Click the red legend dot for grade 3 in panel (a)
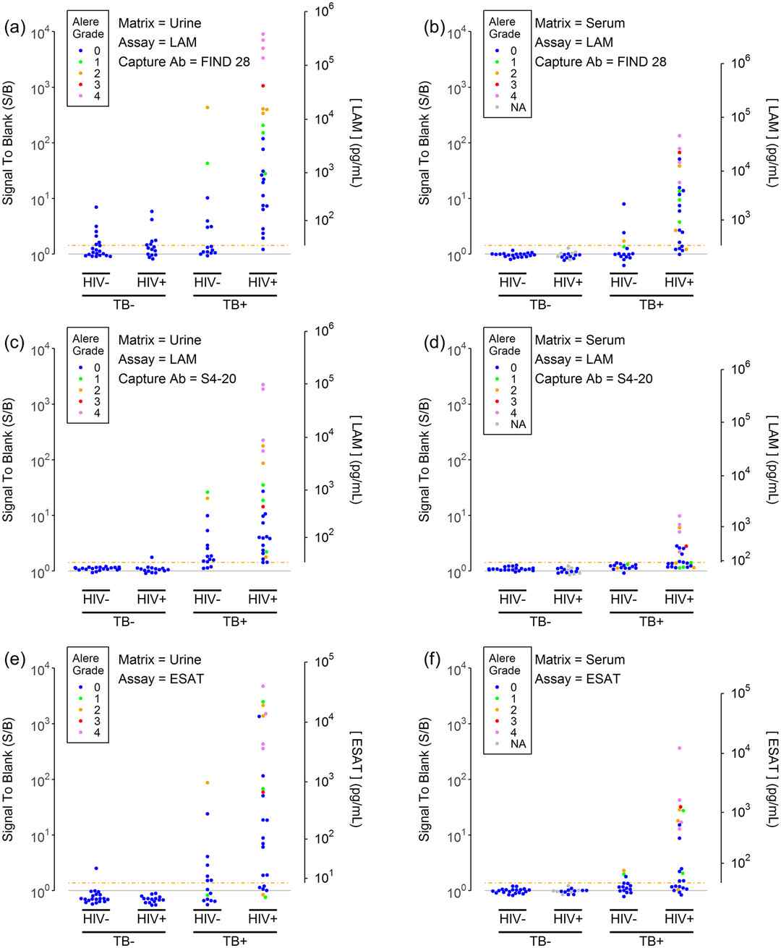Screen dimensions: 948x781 pos(80,85)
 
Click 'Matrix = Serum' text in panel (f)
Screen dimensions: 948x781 pos(579,659)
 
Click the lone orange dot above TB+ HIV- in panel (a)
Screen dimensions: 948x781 pos(207,108)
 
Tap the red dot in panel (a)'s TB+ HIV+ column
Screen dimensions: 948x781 pos(263,85)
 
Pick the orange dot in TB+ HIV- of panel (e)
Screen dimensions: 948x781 pos(207,783)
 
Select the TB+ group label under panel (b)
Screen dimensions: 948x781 pos(651,305)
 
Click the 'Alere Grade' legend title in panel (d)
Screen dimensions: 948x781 pos(504,344)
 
